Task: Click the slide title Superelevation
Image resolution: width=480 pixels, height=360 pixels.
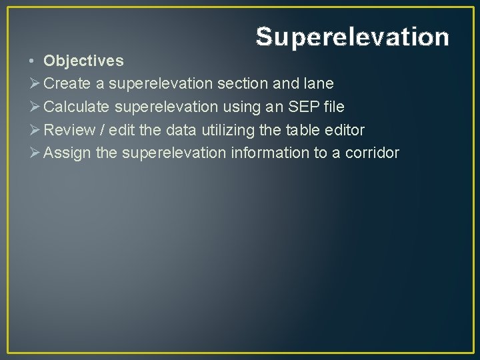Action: point(352,37)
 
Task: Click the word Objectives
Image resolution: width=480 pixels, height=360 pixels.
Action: point(83,61)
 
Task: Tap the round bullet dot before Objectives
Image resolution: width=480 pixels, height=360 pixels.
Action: point(32,61)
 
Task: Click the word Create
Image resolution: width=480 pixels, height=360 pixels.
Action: point(67,83)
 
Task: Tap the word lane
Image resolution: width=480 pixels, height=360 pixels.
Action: point(318,83)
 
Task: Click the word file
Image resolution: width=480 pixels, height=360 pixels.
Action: point(334,107)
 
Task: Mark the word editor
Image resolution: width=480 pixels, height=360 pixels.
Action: point(343,129)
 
